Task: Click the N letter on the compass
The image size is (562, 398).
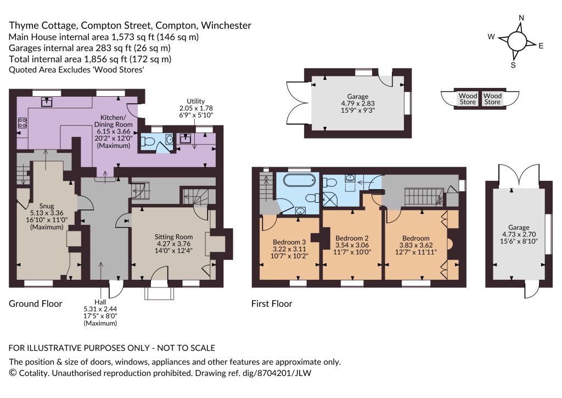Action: pyautogui.click(x=521, y=18)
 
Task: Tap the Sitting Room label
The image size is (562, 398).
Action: pyautogui.click(x=173, y=244)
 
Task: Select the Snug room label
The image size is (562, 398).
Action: pyautogui.click(x=47, y=216)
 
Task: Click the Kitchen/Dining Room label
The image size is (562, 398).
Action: pyautogui.click(x=113, y=131)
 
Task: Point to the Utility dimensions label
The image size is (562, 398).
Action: pyautogui.click(x=196, y=108)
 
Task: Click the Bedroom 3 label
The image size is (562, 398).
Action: pyautogui.click(x=289, y=248)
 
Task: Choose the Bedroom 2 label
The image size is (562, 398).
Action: pyautogui.click(x=352, y=245)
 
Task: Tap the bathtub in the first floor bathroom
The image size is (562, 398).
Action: pyautogui.click(x=299, y=180)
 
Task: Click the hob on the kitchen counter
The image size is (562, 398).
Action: pyautogui.click(x=22, y=123)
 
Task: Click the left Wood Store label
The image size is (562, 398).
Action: pyautogui.click(x=468, y=99)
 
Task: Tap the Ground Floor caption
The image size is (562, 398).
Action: pyautogui.click(x=36, y=303)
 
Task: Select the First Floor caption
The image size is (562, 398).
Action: pyautogui.click(x=272, y=303)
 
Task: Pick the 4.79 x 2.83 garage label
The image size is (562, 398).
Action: pyautogui.click(x=358, y=103)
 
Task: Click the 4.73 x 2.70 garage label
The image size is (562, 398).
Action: pyautogui.click(x=519, y=234)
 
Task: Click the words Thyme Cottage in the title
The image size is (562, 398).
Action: pyautogui.click(x=43, y=26)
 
